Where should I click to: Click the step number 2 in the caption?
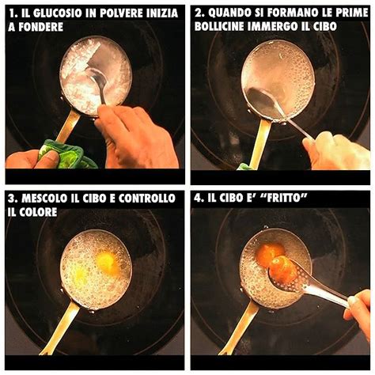click(x=199, y=12)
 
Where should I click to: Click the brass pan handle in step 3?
click(x=60, y=324)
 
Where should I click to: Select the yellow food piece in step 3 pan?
click(x=106, y=262)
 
